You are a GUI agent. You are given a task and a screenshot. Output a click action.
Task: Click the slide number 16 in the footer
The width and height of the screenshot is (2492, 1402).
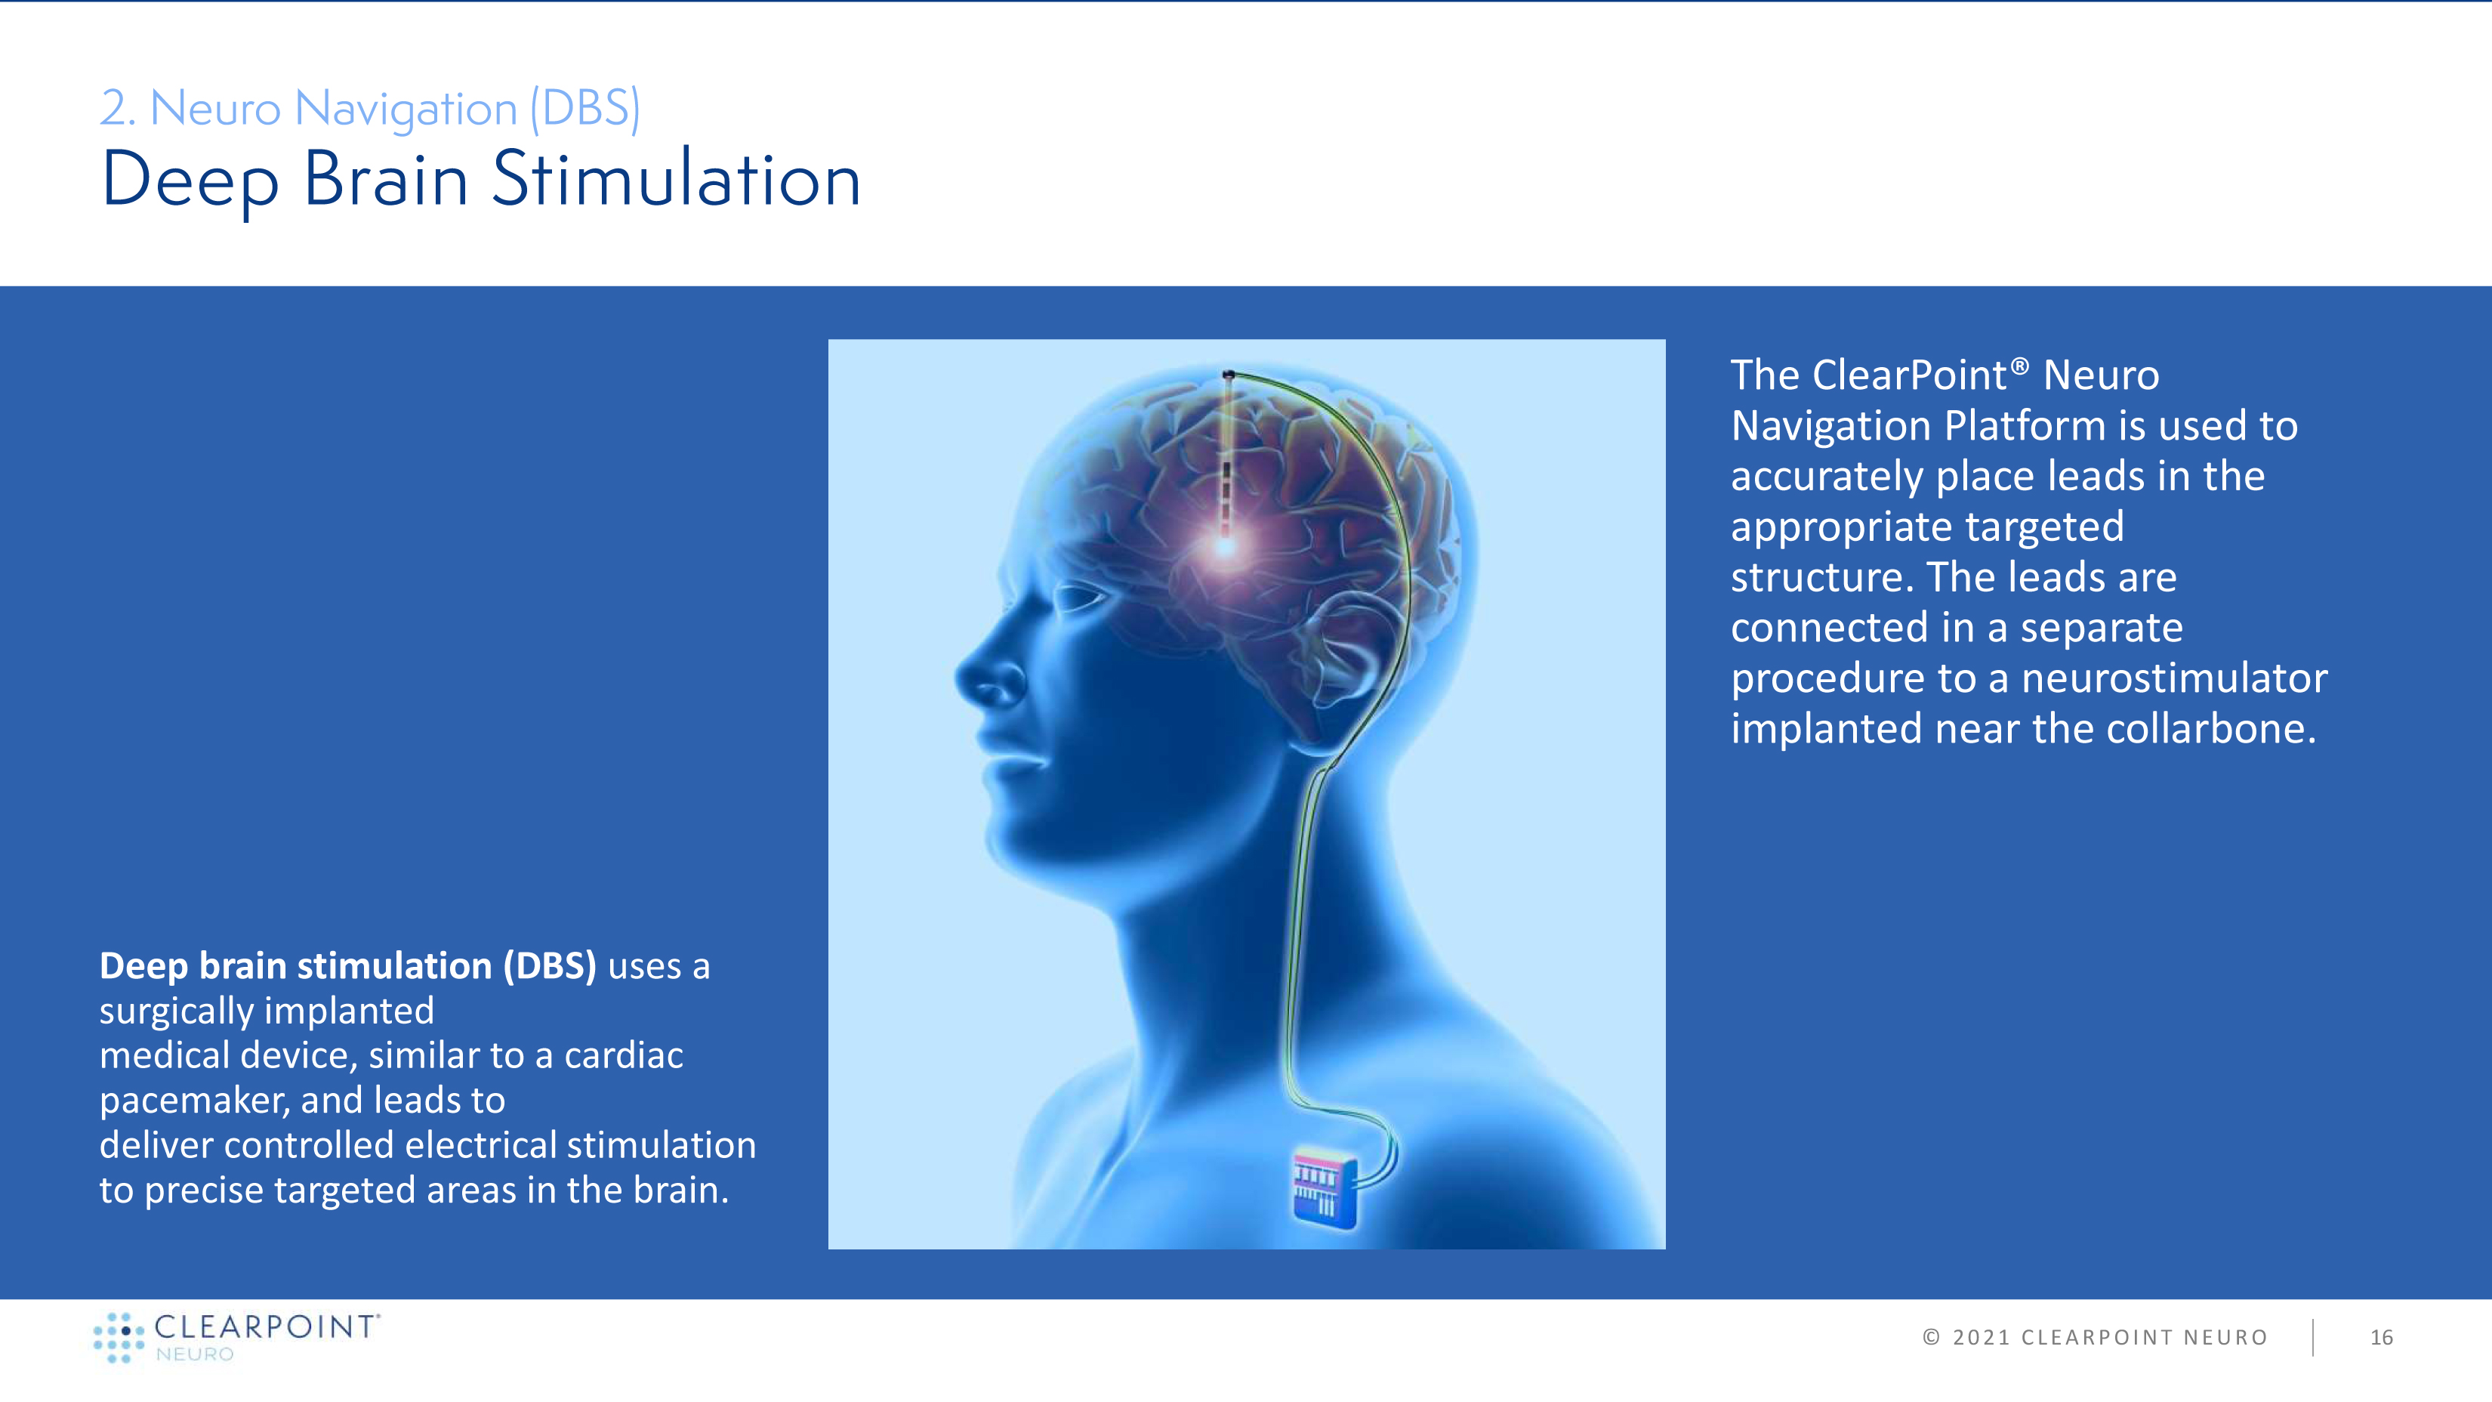(2381, 1337)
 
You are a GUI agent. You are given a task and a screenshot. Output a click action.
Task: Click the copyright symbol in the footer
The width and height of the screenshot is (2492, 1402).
(1931, 1337)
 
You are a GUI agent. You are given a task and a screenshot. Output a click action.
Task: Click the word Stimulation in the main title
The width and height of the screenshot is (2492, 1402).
(675, 180)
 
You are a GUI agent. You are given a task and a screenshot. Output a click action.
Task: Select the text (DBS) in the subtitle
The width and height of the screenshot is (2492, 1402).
(585, 108)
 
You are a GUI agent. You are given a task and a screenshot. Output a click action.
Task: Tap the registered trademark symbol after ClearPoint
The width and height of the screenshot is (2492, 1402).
(2020, 366)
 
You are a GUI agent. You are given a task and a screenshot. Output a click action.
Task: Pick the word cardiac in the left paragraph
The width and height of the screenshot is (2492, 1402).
(624, 1055)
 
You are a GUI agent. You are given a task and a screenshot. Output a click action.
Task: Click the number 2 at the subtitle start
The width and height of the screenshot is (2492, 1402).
(113, 108)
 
